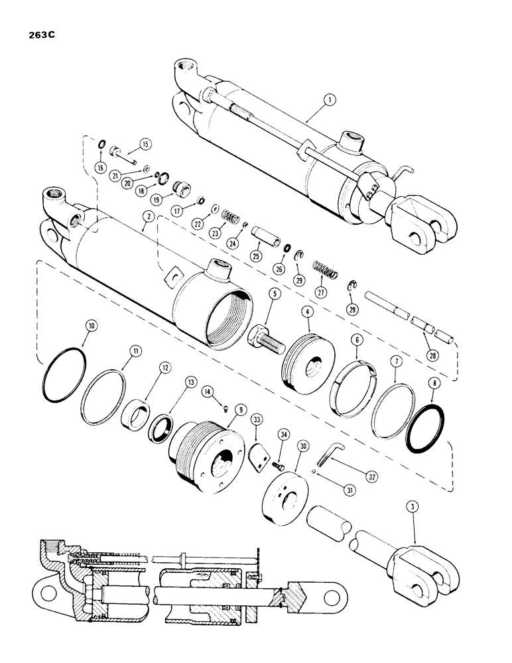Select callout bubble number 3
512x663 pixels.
click(x=413, y=509)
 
